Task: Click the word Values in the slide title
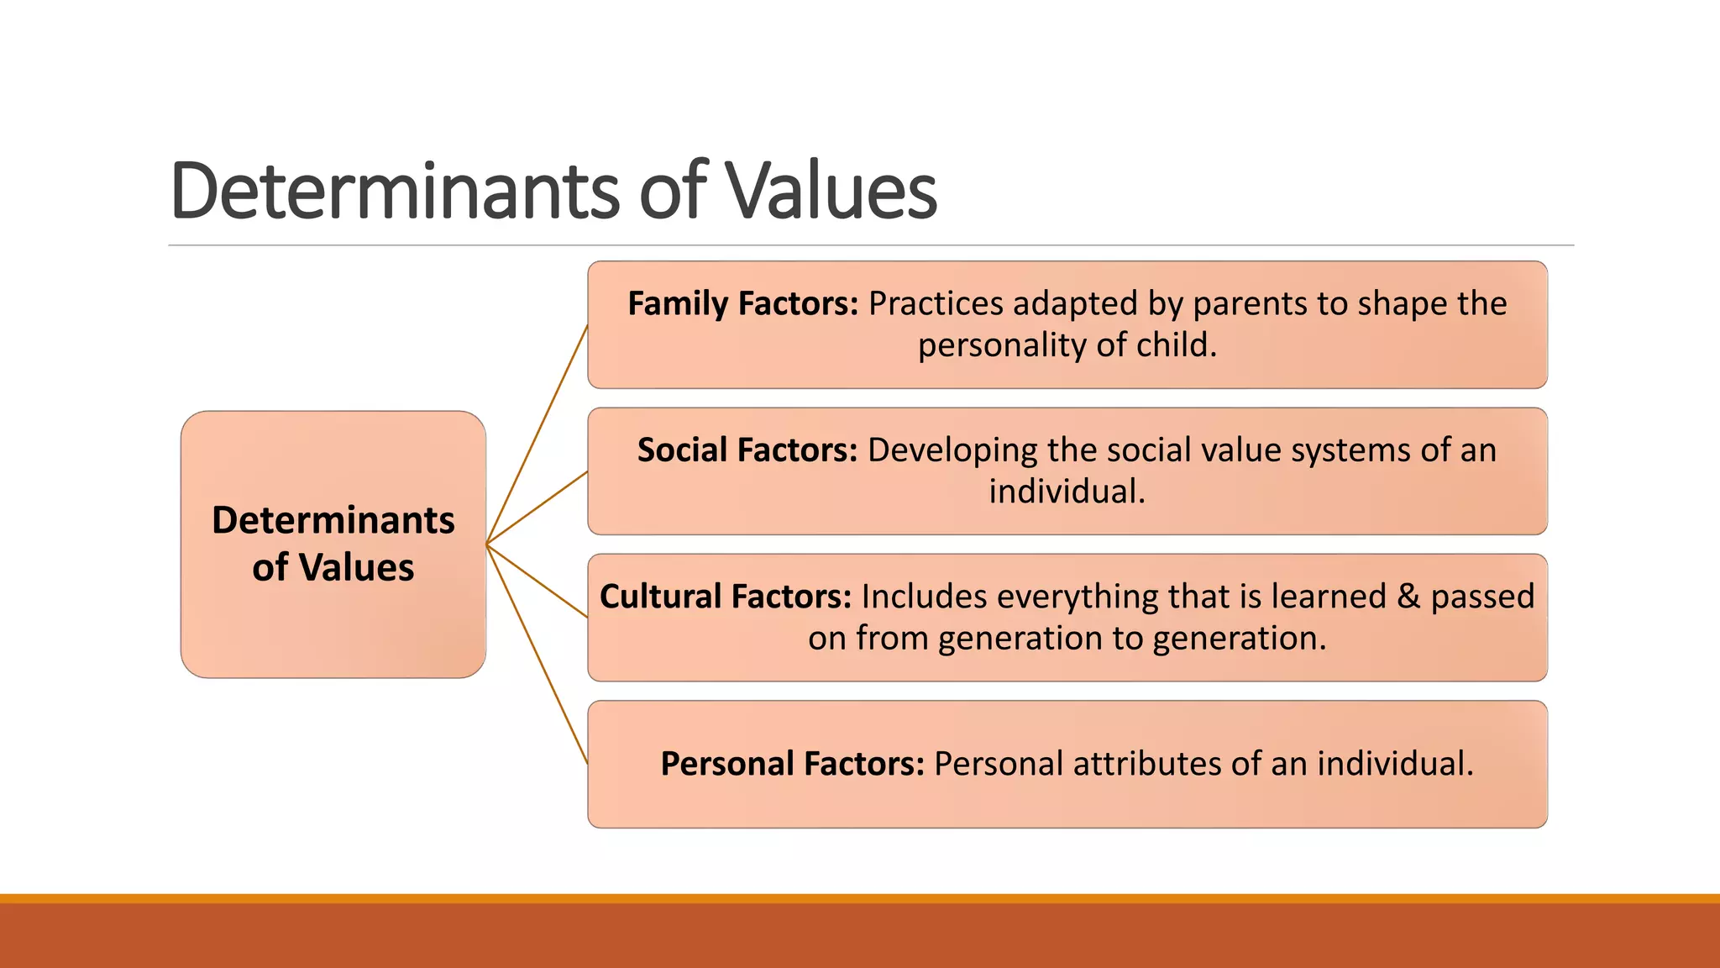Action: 831,192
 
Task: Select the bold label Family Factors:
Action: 743,303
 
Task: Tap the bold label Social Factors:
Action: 747,450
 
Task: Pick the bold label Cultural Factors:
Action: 726,597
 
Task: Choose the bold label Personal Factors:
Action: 792,764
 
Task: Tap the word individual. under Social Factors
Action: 1067,492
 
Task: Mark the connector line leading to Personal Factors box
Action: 537,655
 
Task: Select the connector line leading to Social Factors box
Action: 537,508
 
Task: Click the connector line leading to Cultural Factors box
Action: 537,581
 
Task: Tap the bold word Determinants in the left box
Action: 333,520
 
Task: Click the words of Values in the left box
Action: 333,567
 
